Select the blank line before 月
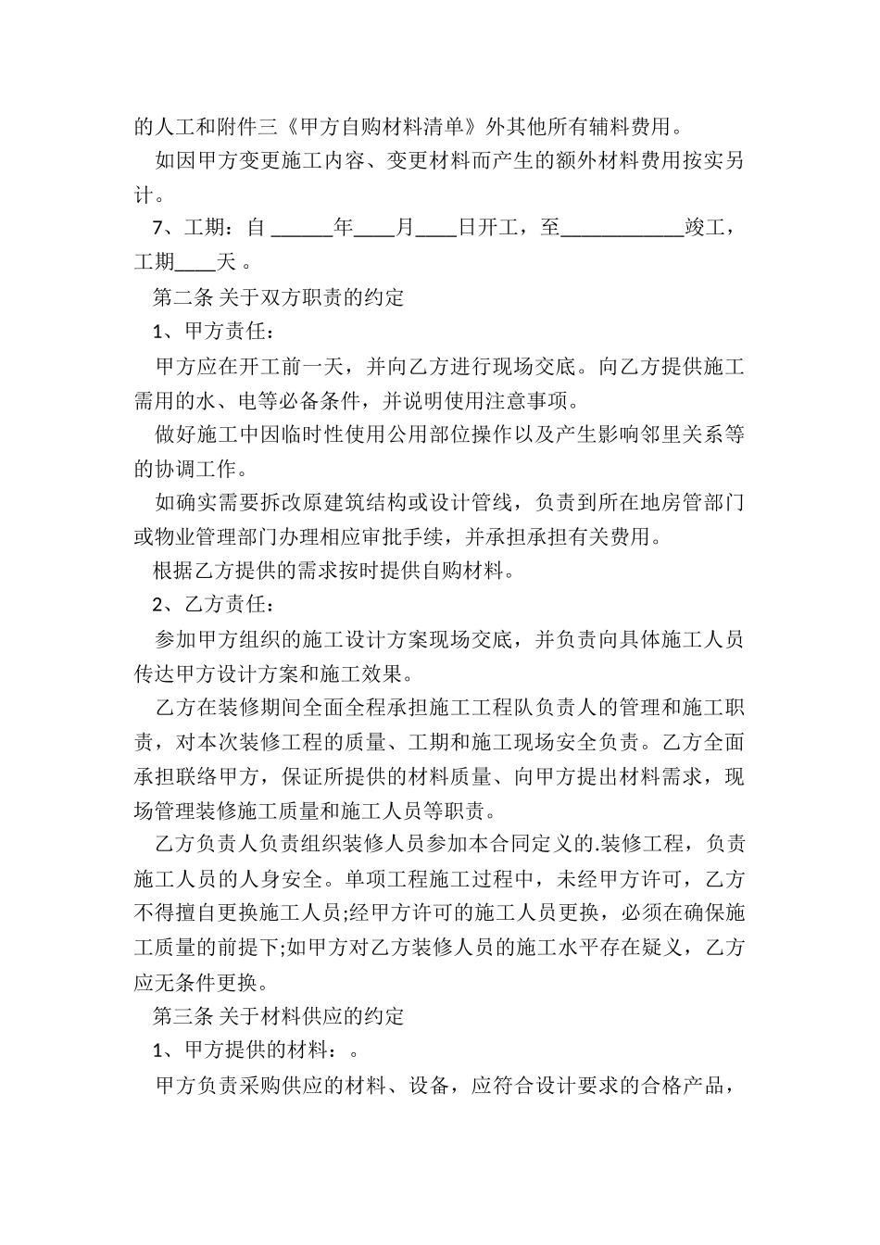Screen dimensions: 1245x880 (374, 228)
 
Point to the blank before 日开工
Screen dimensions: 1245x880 (435, 228)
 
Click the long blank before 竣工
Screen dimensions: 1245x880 (622, 228)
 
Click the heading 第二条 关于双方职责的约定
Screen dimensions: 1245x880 (278, 297)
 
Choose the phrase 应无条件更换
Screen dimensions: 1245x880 (189, 981)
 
